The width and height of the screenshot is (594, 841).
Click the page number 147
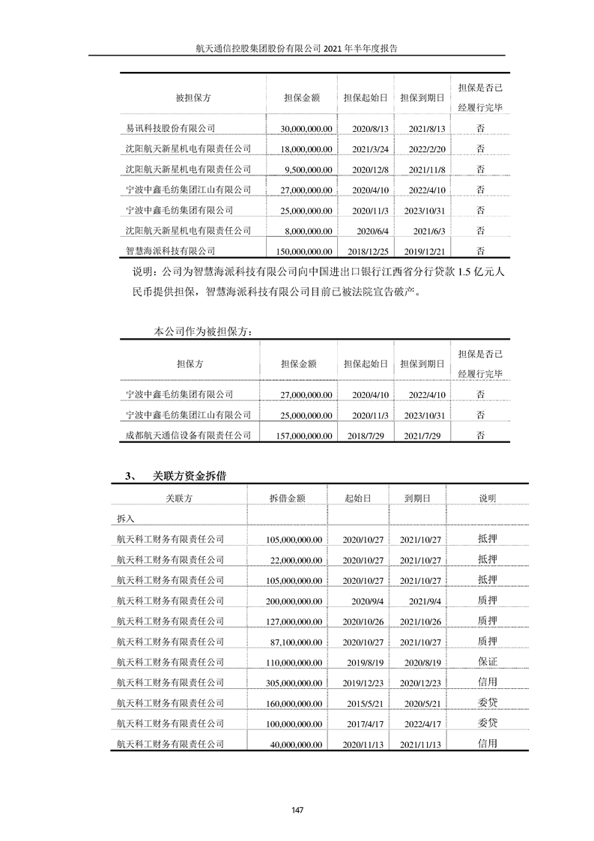point(297,810)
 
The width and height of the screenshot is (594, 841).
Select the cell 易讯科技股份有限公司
point(171,129)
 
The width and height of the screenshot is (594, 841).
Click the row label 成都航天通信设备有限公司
point(189,435)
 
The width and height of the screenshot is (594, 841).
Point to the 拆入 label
point(126,518)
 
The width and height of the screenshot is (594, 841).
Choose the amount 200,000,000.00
point(294,600)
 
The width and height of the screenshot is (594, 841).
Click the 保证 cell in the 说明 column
point(487,661)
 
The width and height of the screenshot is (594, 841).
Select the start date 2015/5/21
point(363,702)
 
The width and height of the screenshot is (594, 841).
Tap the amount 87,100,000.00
point(297,641)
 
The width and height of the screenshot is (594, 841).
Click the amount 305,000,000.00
point(294,682)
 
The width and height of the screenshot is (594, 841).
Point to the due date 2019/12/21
point(422,251)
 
